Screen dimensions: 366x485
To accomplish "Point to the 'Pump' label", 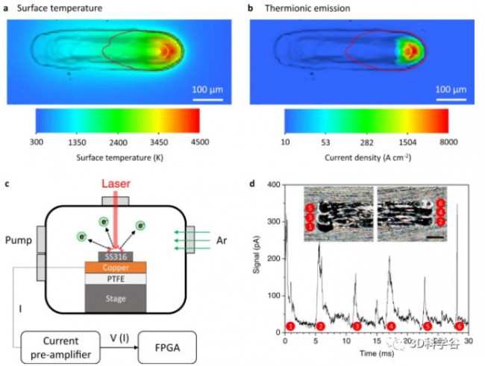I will pyautogui.click(x=18, y=241).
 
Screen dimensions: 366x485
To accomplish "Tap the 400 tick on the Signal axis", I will pyautogui.click(x=274, y=184).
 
